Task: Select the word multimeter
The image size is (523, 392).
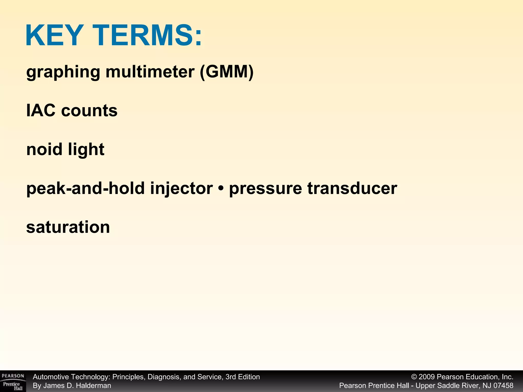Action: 150,72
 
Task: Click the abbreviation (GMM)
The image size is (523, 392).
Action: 227,72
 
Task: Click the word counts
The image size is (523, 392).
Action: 89,111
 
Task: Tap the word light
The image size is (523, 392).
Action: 86,150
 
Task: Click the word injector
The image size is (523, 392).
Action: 181,189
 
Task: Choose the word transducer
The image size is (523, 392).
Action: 352,188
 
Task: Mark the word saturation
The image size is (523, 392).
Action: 68,227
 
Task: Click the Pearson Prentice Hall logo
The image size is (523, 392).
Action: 13,381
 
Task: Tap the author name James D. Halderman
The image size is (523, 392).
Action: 77,386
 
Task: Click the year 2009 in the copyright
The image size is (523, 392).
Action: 427,377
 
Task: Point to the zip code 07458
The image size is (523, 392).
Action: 503,386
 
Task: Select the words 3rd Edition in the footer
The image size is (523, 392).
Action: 243,377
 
